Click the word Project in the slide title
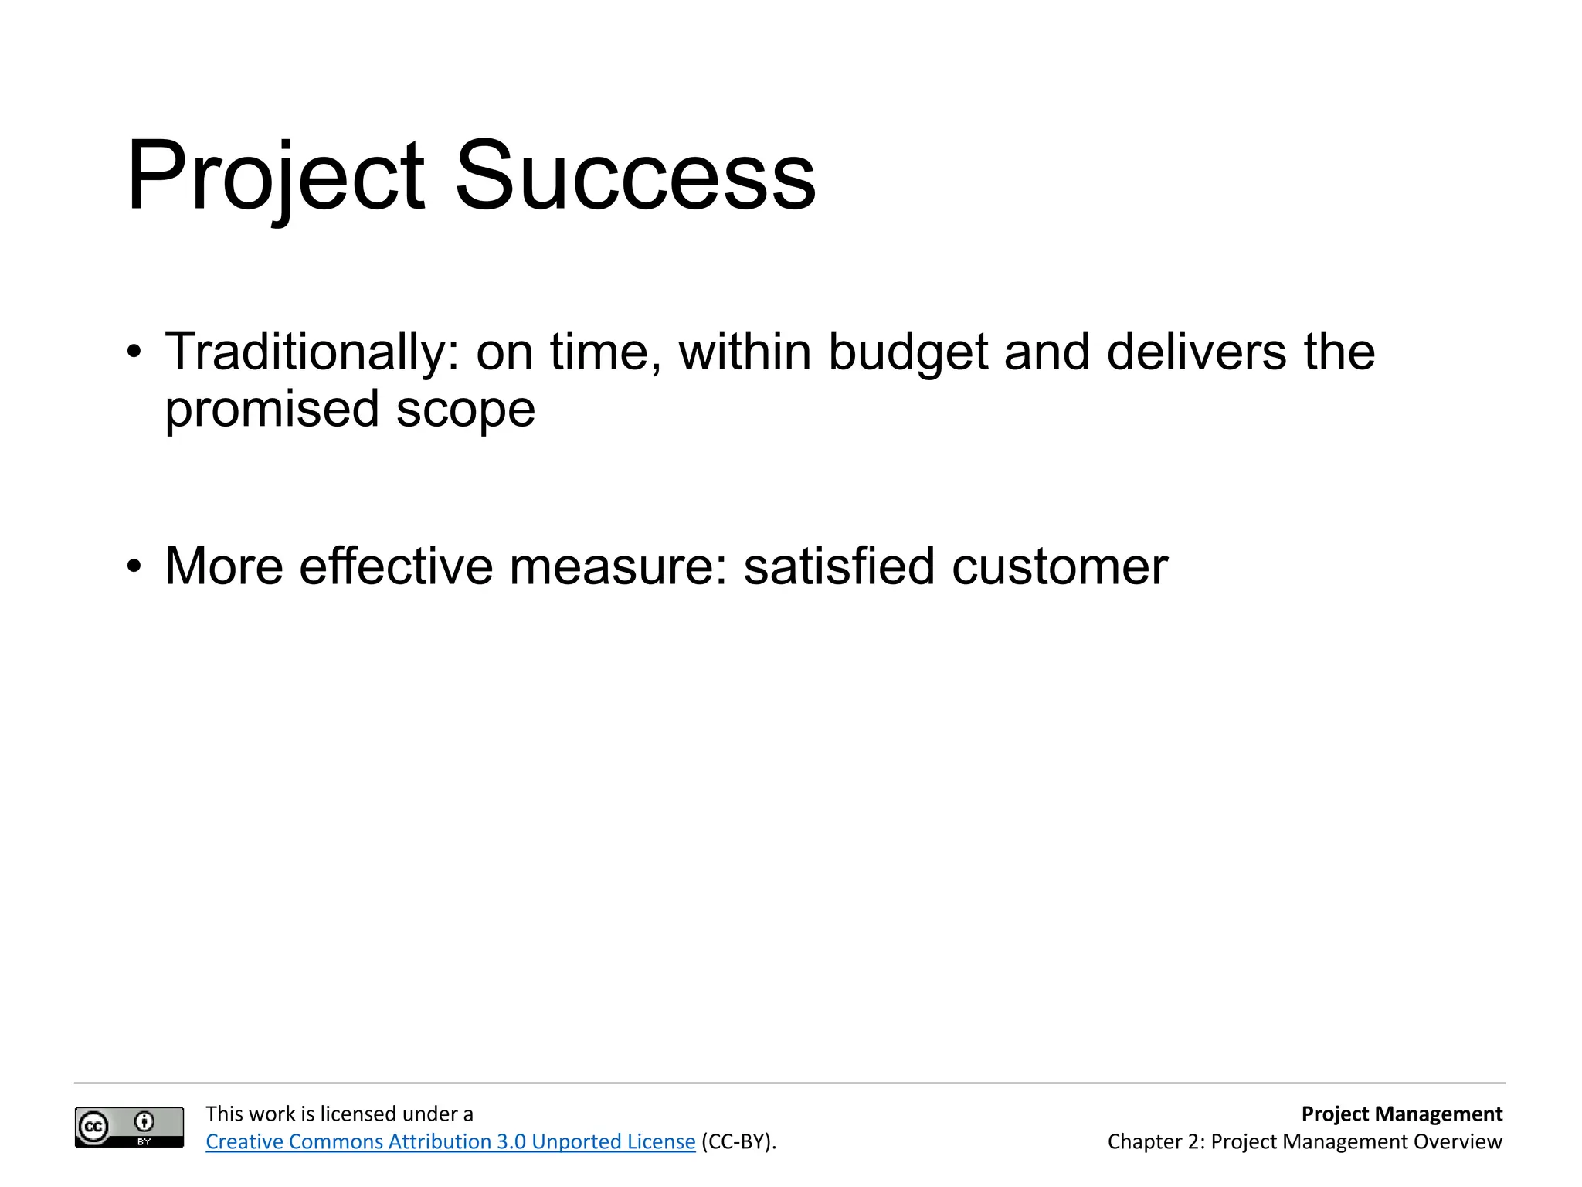tap(275, 176)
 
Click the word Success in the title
tap(635, 176)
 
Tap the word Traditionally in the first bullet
tap(306, 352)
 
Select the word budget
tap(908, 352)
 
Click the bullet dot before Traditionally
tap(135, 352)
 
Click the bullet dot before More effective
tap(135, 566)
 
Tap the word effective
tap(395, 566)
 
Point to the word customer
tap(1060, 566)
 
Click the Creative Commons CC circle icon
tap(94, 1127)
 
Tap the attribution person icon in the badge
tap(144, 1121)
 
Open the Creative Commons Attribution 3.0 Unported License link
tap(450, 1141)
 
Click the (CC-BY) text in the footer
tap(738, 1141)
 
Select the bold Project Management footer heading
tap(1401, 1114)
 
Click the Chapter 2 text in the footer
tap(1155, 1141)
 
